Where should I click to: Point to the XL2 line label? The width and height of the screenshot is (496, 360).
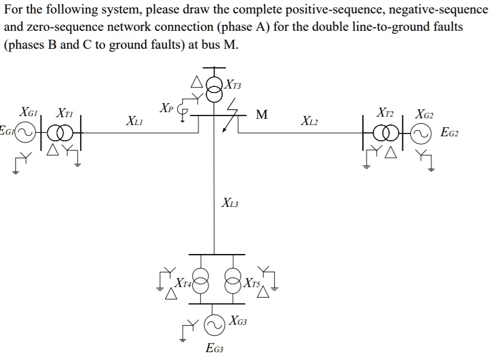311,120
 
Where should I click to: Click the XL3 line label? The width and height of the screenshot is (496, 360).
230,202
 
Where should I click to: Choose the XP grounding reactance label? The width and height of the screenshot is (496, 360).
166,107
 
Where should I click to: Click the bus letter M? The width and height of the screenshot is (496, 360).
261,115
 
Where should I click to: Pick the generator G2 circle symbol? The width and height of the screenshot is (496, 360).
422,133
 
